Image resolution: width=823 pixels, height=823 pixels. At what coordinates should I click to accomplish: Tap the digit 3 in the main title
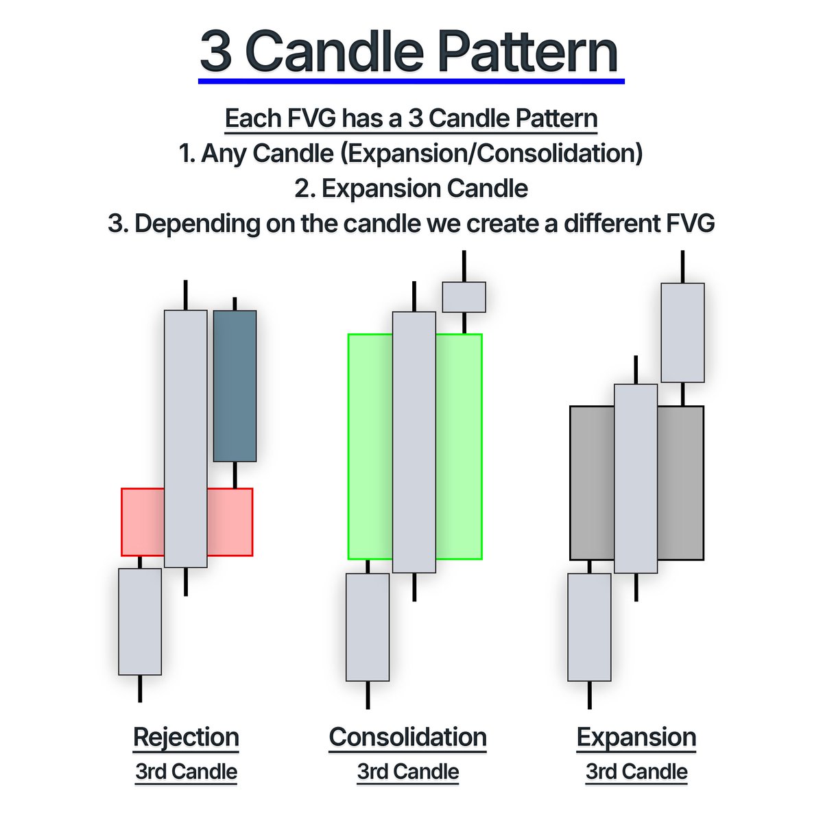click(x=216, y=53)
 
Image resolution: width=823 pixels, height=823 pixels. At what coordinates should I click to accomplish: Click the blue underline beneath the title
click(x=411, y=82)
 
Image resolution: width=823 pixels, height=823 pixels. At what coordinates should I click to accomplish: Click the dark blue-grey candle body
click(x=235, y=385)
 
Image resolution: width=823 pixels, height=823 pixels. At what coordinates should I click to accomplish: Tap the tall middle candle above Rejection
click(x=185, y=439)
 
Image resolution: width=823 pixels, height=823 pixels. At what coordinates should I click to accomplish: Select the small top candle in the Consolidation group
click(x=464, y=297)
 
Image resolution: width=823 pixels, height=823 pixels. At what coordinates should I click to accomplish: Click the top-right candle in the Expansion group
click(x=682, y=333)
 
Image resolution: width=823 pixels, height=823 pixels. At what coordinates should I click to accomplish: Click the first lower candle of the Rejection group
click(x=140, y=621)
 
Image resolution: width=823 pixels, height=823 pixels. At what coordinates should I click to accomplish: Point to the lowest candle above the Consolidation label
click(x=368, y=627)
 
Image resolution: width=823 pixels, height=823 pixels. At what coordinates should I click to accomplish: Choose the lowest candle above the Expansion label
click(x=589, y=627)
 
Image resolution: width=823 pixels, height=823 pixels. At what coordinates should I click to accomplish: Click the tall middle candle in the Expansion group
click(x=636, y=479)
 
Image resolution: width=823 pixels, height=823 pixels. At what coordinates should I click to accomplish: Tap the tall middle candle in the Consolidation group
click(x=414, y=442)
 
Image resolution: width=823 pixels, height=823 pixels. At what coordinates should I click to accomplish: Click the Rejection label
click(x=186, y=737)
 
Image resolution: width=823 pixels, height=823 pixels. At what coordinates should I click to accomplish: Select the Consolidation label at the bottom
click(x=408, y=737)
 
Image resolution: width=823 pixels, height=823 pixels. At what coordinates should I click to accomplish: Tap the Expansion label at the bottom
click(x=636, y=737)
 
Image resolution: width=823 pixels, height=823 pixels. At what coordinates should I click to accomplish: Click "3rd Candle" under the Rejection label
click(x=187, y=772)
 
